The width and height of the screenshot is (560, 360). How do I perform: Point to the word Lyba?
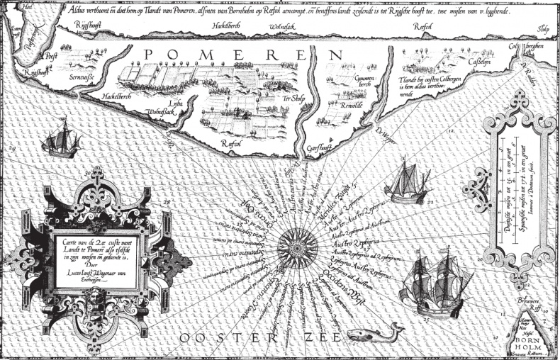[x=175, y=103]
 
